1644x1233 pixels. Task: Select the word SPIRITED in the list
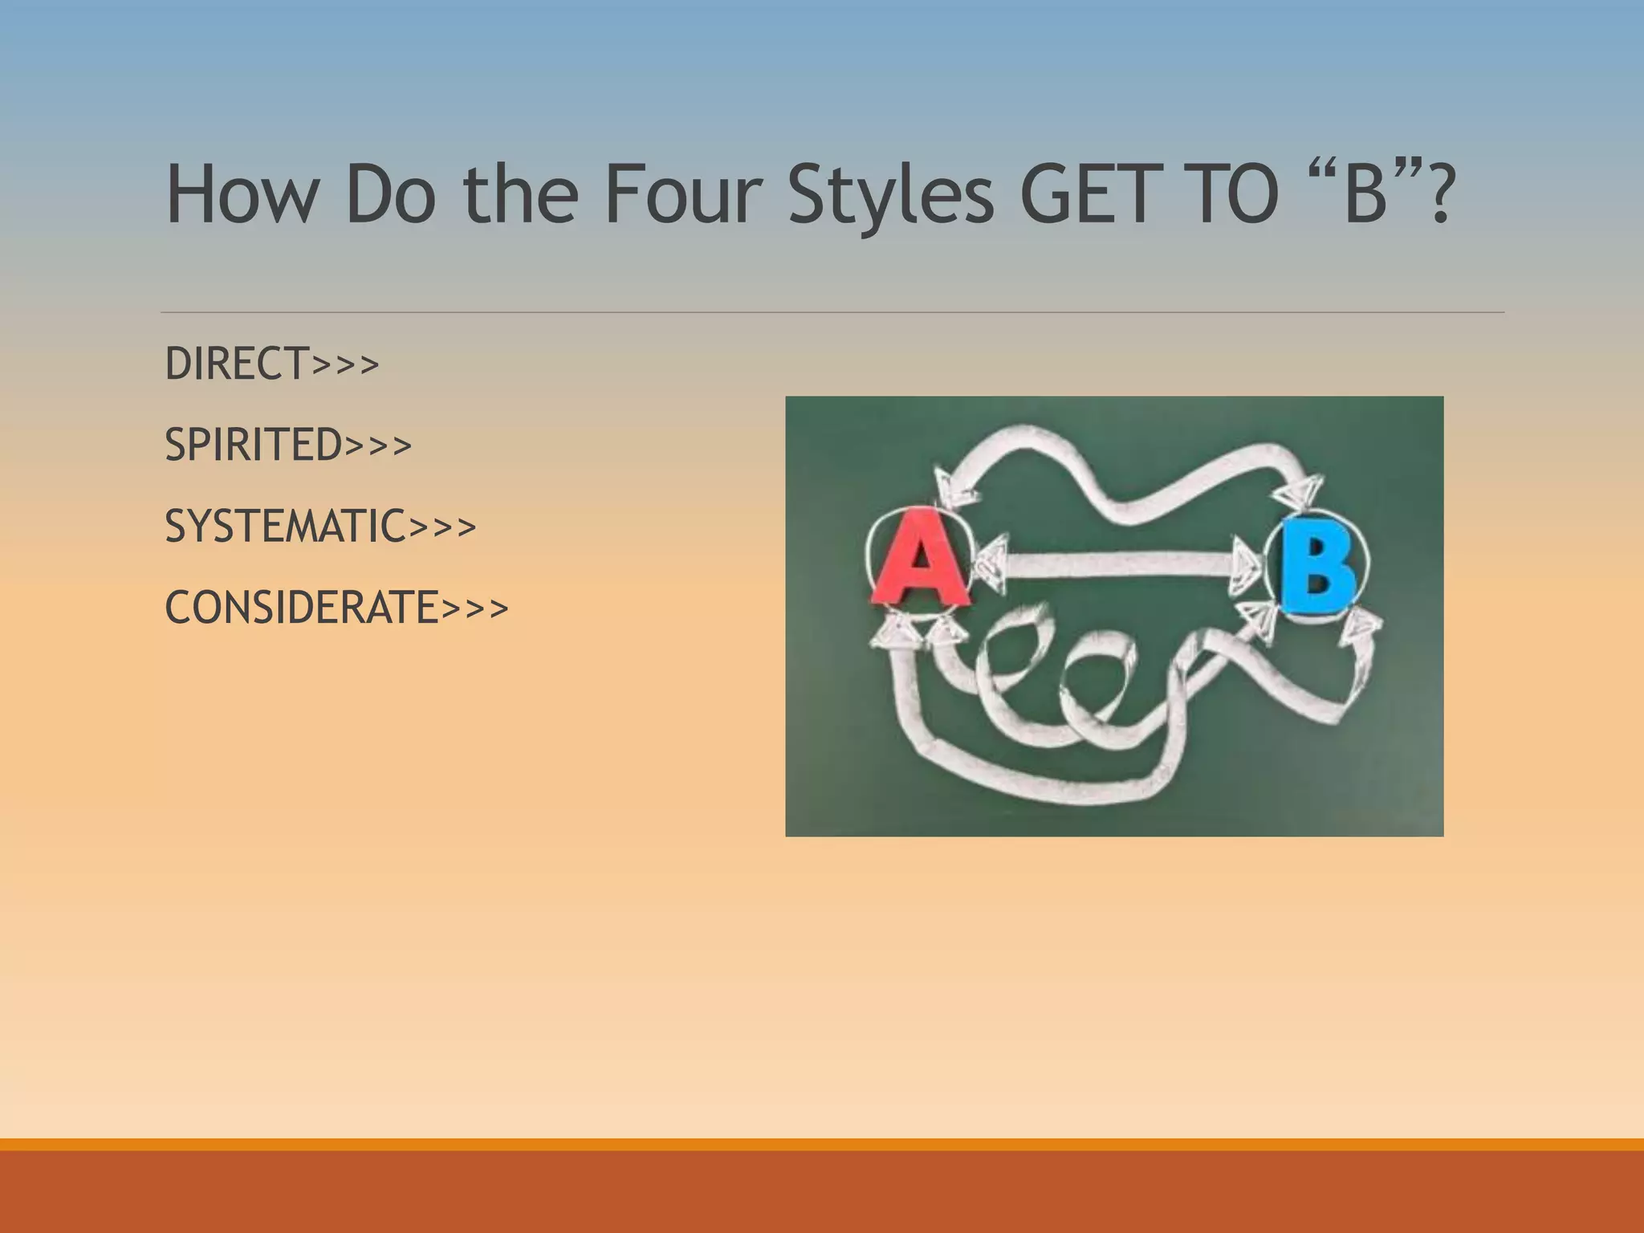point(254,445)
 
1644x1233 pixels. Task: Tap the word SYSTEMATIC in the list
point(285,527)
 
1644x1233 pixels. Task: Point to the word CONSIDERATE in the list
point(302,608)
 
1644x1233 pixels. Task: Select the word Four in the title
point(682,195)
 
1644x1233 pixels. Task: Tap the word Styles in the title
point(890,195)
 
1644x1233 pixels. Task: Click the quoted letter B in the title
point(1365,195)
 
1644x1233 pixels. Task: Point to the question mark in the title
point(1438,195)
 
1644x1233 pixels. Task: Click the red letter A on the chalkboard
point(918,559)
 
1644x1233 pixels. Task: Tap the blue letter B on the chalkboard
point(1316,567)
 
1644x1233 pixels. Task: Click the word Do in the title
point(391,195)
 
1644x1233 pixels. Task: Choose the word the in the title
point(521,195)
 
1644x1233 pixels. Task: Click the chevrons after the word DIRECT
point(345,365)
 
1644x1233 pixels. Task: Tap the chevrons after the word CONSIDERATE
point(474,609)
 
